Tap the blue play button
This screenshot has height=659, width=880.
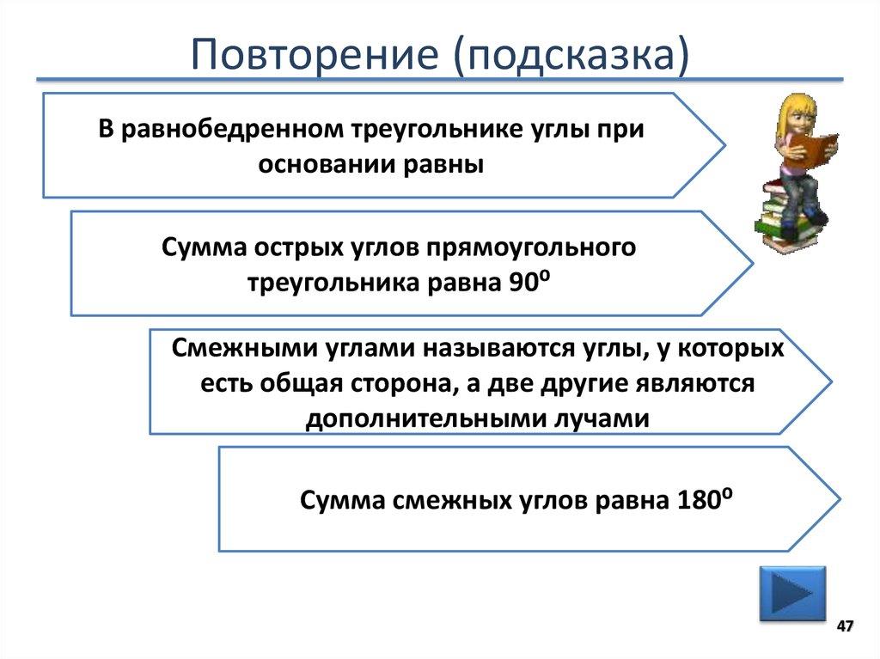pyautogui.click(x=791, y=593)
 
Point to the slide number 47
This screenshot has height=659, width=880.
pyautogui.click(x=845, y=625)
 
